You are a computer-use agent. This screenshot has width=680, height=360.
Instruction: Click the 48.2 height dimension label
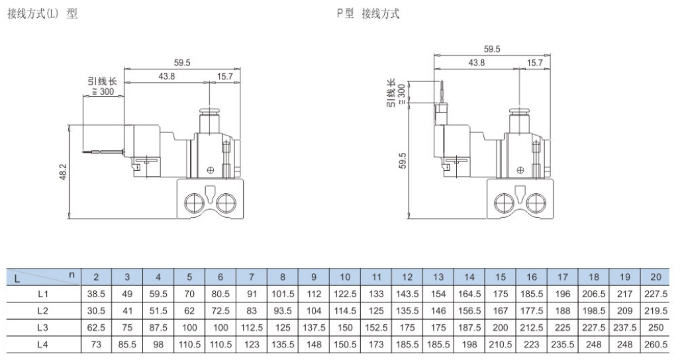click(x=64, y=173)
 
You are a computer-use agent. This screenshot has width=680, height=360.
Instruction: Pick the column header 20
click(x=656, y=276)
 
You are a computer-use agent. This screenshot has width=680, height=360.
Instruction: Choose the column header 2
click(x=96, y=276)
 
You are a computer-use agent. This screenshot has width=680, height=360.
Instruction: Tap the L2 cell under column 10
click(x=345, y=310)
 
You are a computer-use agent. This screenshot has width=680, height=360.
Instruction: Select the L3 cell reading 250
click(x=656, y=327)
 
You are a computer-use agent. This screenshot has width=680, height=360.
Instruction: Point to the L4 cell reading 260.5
click(x=656, y=344)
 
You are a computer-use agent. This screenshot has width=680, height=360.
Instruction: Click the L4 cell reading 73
click(x=96, y=344)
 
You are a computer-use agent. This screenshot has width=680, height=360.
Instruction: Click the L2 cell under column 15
click(x=501, y=310)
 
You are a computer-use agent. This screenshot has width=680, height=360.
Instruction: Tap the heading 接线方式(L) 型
click(x=42, y=14)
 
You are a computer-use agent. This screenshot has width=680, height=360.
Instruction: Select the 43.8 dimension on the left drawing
click(x=167, y=76)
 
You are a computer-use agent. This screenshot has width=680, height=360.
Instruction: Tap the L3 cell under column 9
click(x=314, y=327)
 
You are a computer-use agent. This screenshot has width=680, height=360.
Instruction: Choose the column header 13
click(x=438, y=276)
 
